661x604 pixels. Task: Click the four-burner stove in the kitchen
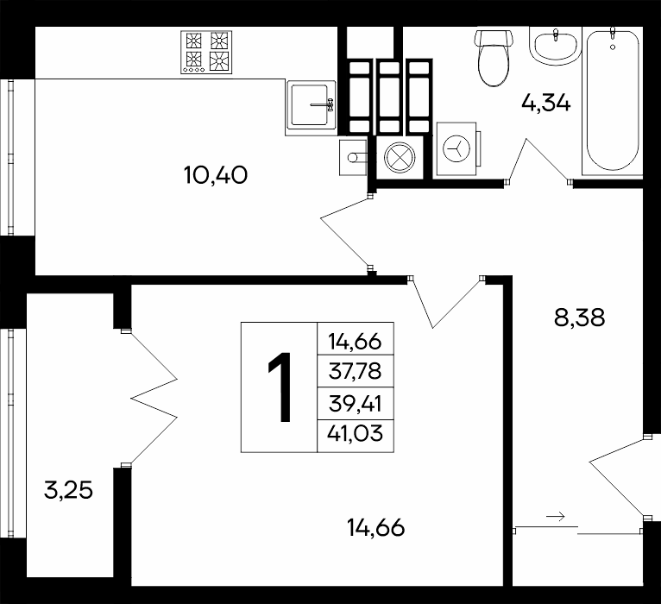[206, 53]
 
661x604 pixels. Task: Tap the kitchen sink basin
[312, 104]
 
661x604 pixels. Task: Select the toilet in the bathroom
[494, 57]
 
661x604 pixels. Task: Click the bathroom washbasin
[556, 46]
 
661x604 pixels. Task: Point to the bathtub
[612, 101]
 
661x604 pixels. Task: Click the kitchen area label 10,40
[216, 174]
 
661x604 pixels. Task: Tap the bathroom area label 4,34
[546, 103]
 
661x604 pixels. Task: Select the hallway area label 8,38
[580, 318]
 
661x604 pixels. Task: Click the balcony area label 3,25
[68, 490]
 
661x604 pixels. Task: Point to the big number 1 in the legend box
[280, 387]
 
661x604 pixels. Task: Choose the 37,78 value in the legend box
[355, 371]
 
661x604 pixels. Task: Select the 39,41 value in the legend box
[355, 404]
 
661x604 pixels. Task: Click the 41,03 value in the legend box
[355, 433]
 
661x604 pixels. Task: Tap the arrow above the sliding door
[555, 516]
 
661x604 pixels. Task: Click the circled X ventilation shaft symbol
[400, 157]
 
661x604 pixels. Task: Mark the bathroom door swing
[538, 160]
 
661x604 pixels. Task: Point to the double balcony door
[149, 398]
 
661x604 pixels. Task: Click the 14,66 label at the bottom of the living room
[376, 527]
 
